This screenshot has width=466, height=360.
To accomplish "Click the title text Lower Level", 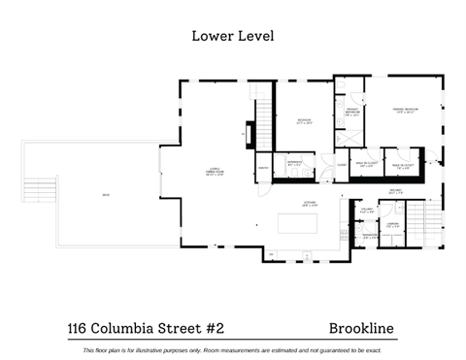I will click(x=233, y=37).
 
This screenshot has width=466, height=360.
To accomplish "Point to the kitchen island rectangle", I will click(x=298, y=224).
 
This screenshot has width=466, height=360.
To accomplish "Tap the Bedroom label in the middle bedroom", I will click(x=304, y=121).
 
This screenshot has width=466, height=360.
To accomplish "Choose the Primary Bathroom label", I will click(x=350, y=113).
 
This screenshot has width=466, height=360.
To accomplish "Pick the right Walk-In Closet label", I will click(x=401, y=166).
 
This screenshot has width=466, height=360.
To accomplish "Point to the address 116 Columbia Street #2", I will click(x=145, y=329).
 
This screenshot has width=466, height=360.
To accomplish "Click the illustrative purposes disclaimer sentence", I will click(x=233, y=350).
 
